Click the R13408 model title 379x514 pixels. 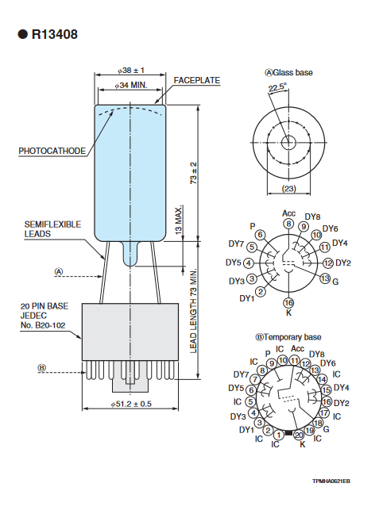pyautogui.click(x=55, y=34)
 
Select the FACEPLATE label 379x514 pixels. pyautogui.click(x=197, y=80)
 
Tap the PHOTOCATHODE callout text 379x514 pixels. pyautogui.click(x=52, y=151)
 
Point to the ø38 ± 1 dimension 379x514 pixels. pyautogui.click(x=131, y=71)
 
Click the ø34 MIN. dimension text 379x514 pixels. pyautogui.click(x=131, y=85)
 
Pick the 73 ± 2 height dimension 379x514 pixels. pyautogui.click(x=194, y=173)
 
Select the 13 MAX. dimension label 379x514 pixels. pyautogui.click(x=178, y=221)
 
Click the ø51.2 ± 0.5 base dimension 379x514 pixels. pyautogui.click(x=131, y=404)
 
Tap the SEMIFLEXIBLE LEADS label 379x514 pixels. pyautogui.click(x=52, y=228)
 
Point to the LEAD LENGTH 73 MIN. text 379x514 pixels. pyautogui.click(x=193, y=311)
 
